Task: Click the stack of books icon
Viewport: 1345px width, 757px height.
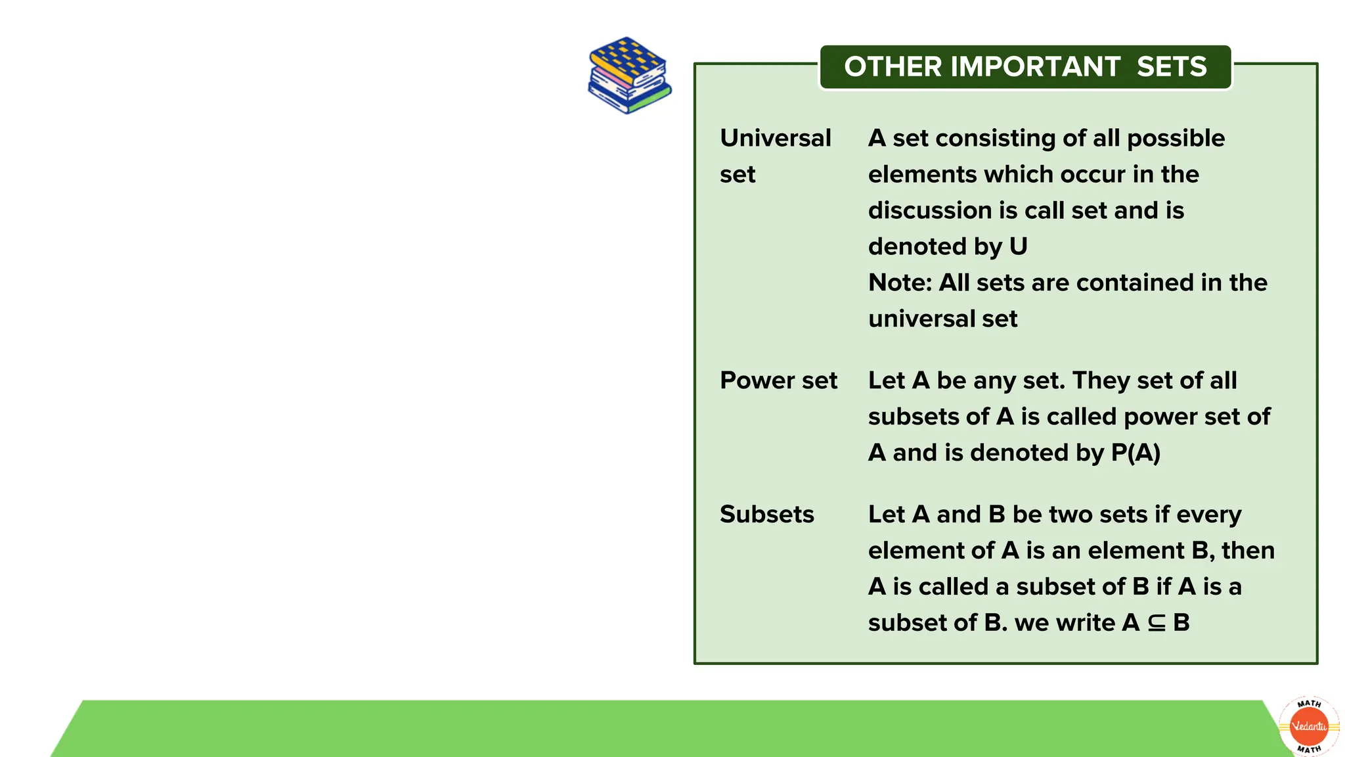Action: coord(629,75)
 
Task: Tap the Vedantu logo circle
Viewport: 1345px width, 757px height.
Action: coord(1309,726)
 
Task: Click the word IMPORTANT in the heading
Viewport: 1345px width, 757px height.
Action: coord(1035,66)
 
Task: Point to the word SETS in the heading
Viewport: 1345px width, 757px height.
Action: coord(1172,66)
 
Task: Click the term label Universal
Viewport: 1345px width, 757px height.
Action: coord(775,138)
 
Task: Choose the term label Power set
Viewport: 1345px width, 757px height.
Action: coord(778,380)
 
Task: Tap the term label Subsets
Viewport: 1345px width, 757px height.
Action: coord(766,514)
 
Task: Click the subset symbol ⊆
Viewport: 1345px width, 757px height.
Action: coord(1157,623)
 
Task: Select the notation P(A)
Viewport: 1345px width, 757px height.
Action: coord(1136,453)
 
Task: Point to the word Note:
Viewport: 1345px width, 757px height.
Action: coord(900,283)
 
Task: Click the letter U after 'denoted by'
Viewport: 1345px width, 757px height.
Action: coord(1018,246)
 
